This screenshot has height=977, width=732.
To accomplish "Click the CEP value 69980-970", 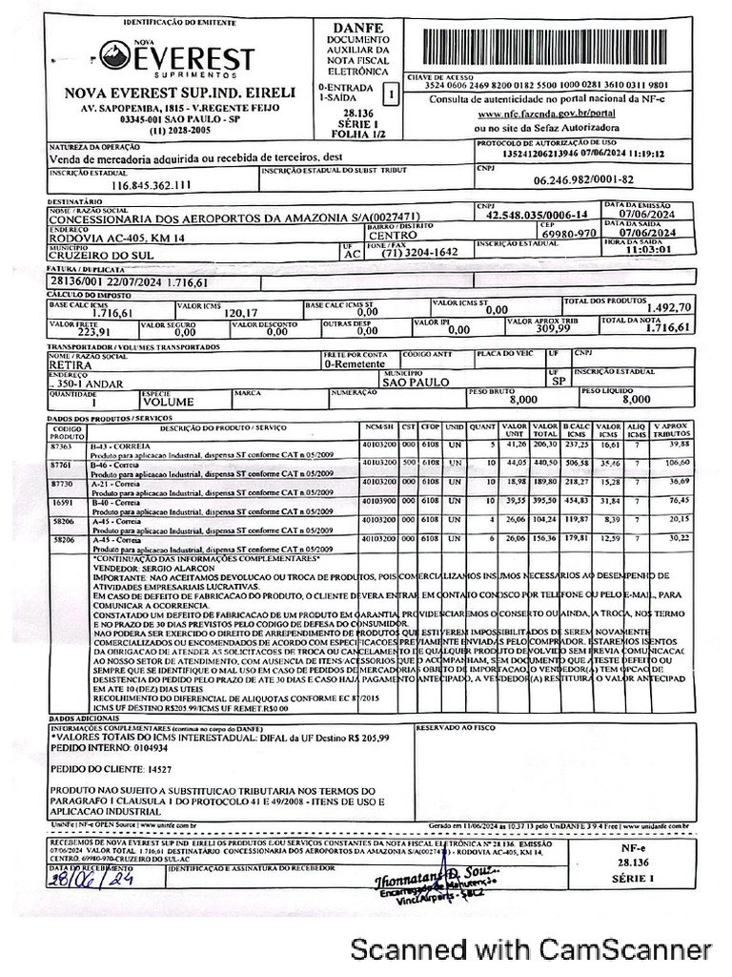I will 569,233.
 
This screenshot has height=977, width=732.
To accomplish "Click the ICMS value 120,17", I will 240,312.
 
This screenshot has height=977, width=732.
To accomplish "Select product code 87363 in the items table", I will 62,446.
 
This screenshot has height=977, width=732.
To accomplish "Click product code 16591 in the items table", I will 62,500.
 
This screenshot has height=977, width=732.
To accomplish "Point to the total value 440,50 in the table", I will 544,463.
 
